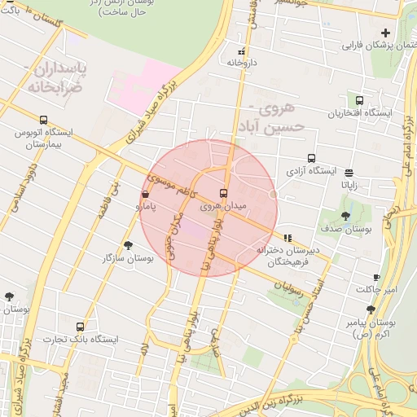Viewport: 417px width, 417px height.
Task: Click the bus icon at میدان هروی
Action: (224, 194)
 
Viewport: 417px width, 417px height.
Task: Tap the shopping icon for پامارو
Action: (145, 195)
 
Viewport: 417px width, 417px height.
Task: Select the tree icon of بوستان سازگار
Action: (128, 244)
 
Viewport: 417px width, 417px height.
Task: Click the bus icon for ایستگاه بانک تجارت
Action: (80, 327)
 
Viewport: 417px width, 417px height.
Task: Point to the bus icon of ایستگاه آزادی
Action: (310, 159)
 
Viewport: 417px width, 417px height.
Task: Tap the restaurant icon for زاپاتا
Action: (349, 172)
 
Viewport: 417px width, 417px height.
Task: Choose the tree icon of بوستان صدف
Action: (345, 217)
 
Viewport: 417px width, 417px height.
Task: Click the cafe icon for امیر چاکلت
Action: (376, 277)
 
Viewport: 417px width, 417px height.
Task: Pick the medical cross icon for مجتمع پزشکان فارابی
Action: (385, 33)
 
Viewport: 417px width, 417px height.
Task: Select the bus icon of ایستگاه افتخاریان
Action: (359, 99)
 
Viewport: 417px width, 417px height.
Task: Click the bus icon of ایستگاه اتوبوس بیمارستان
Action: (43, 120)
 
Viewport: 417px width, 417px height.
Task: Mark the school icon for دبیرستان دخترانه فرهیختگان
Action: (287, 238)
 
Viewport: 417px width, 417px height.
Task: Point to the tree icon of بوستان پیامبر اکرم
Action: (371, 309)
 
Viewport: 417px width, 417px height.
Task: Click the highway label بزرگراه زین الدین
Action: (297, 401)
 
